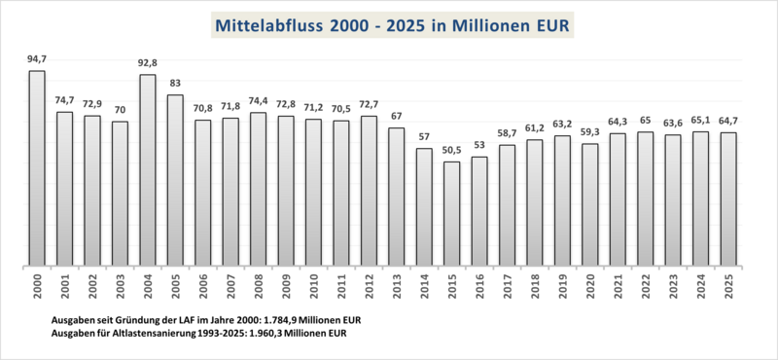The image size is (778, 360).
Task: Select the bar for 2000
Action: [x=37, y=167]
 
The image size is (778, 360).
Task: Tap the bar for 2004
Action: [x=148, y=169]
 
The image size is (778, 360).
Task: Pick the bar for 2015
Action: [x=451, y=213]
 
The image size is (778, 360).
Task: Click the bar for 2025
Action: [x=727, y=198]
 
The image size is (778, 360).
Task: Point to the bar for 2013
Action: [x=396, y=197]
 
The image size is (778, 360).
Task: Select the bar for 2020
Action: [x=589, y=204]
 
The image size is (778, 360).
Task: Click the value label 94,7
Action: [x=37, y=59]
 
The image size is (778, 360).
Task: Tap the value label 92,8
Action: [x=148, y=63]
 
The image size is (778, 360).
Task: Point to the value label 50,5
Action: [x=451, y=150]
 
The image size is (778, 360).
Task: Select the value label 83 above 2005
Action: [x=175, y=83]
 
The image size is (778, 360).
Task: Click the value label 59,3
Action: [x=589, y=132]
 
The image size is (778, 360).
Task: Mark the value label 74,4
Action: [x=258, y=100]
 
